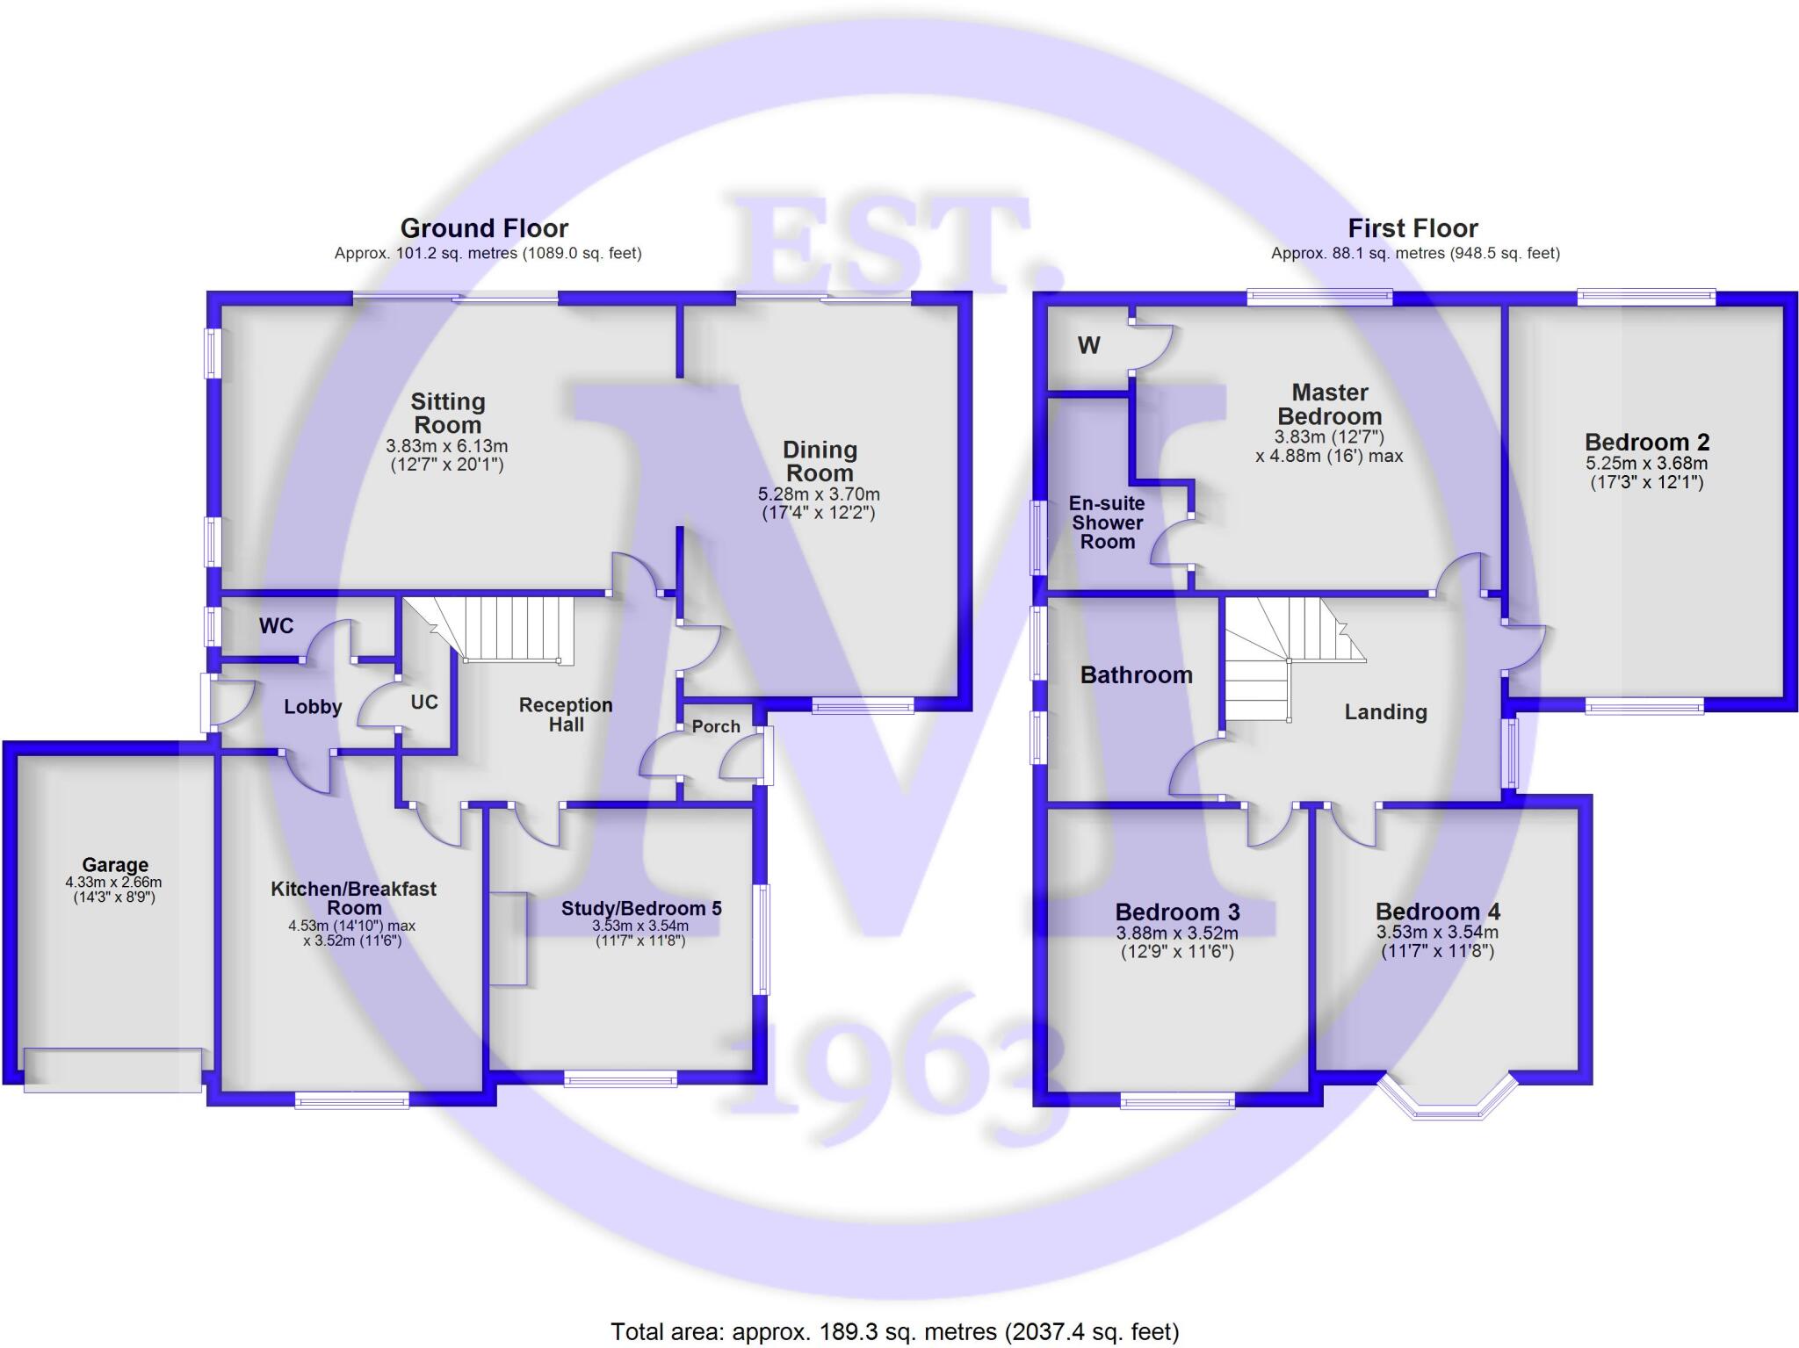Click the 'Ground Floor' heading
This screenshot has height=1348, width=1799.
(x=484, y=228)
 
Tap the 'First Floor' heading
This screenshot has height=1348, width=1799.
(x=1412, y=228)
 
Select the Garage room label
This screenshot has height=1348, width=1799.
(x=115, y=865)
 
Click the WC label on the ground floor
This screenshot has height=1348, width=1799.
(x=276, y=626)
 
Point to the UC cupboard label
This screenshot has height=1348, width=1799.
(x=424, y=703)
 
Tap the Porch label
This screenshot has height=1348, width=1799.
(x=716, y=726)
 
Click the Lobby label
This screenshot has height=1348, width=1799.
(x=313, y=707)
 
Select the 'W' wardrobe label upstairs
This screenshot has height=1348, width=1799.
(x=1088, y=346)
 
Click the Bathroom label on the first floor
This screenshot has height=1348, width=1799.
(x=1136, y=674)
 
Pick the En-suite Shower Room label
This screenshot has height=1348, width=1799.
(x=1107, y=523)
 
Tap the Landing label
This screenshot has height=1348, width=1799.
(x=1385, y=712)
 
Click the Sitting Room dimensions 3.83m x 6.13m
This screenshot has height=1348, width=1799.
(x=447, y=446)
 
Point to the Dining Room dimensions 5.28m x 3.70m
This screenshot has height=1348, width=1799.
(x=819, y=494)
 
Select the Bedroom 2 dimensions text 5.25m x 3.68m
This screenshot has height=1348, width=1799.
(x=1646, y=464)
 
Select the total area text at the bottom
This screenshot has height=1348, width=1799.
(x=894, y=1331)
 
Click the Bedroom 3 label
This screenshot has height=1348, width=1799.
(x=1177, y=912)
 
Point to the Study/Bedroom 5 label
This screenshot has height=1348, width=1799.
(x=641, y=909)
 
